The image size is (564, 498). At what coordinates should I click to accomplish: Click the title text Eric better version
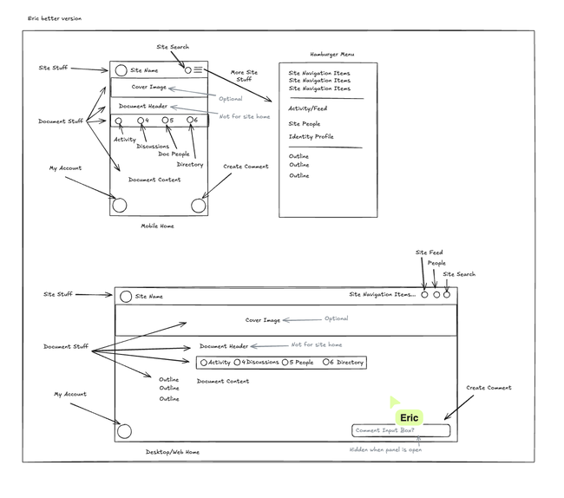coord(54,17)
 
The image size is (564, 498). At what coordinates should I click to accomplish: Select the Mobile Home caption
coord(158,226)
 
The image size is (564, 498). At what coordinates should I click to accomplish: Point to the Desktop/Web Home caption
coord(173,452)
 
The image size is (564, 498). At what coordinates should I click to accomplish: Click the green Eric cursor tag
coord(409,418)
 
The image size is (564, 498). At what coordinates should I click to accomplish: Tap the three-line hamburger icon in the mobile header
coord(199,69)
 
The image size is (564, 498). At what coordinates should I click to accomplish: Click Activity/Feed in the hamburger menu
coord(307,108)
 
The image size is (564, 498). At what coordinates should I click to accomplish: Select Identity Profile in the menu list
coord(311,136)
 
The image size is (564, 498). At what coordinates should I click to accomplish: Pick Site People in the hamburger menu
coord(305,123)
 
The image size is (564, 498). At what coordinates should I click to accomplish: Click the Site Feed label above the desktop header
coord(429,252)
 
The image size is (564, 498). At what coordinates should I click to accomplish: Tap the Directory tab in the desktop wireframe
coord(345,363)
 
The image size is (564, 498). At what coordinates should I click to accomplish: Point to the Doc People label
coord(174,154)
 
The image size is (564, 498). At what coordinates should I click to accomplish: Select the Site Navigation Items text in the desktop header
coord(382,295)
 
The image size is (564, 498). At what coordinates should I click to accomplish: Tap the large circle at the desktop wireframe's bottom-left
coord(124,431)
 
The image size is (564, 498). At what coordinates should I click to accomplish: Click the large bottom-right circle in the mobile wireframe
coord(197,206)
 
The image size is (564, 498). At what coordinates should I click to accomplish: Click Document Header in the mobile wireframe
coord(143,106)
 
